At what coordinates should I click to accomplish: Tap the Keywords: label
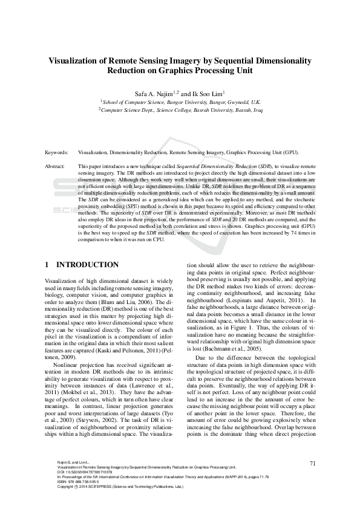(x=58, y=154)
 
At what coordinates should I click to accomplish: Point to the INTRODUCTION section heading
(x=87, y=265)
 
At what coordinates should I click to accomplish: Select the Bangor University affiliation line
(x=180, y=103)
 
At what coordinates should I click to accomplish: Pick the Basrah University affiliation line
(x=180, y=111)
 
